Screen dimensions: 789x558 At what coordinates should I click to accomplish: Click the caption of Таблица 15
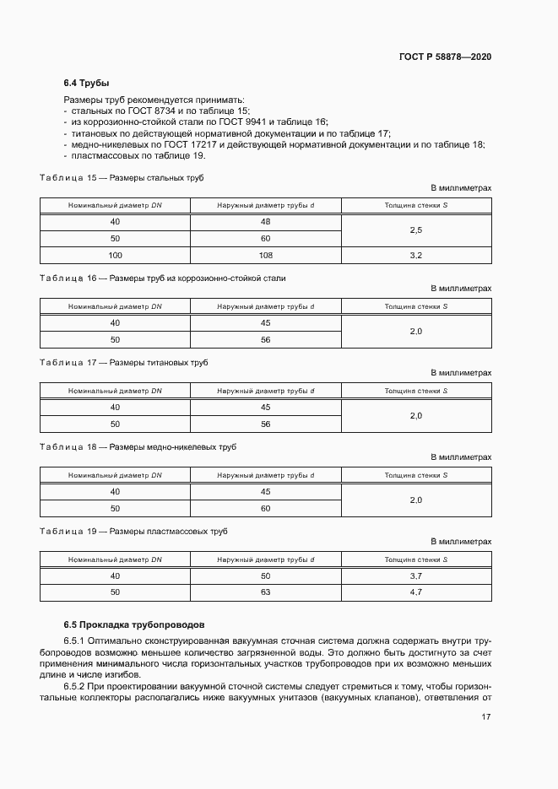[122, 178]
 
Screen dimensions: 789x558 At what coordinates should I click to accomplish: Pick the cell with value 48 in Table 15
[265, 222]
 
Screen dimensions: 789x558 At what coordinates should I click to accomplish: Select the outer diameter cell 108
[265, 254]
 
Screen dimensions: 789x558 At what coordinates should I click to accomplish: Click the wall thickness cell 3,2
[415, 254]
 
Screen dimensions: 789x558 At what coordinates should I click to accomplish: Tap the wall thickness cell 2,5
[415, 230]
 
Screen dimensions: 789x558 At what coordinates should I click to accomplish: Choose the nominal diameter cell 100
[115, 254]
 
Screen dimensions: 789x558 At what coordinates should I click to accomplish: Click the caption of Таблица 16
[163, 278]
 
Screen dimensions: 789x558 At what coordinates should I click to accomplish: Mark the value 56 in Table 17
[265, 424]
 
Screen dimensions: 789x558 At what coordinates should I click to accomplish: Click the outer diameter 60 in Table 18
[265, 508]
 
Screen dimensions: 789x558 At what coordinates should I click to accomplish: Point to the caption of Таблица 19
[133, 532]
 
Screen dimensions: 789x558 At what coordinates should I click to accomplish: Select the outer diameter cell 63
[265, 592]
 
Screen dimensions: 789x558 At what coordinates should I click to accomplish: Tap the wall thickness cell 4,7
[415, 592]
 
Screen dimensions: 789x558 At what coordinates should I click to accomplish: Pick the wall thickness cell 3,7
[415, 576]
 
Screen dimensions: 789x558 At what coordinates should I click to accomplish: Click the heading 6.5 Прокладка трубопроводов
[133, 625]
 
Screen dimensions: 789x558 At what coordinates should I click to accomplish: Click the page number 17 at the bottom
[486, 717]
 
